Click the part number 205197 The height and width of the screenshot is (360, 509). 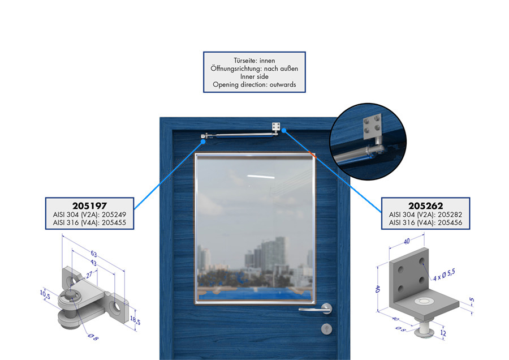89,205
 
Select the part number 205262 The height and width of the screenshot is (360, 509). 425,205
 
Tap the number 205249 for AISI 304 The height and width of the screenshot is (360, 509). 114,215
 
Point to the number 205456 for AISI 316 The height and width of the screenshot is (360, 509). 450,222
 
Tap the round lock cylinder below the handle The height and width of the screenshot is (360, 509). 326,329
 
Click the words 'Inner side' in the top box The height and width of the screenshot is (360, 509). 255,76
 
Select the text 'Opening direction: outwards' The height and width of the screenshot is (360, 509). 255,84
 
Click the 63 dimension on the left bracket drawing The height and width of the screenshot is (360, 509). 93,254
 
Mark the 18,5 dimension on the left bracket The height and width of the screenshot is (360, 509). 135,320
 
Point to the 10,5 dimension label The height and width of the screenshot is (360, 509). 45,294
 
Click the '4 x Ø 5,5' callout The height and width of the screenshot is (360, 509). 444,275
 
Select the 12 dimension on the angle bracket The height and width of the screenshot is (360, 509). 443,333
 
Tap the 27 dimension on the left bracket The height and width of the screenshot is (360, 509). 89,276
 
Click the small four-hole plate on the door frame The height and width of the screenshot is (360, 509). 276,127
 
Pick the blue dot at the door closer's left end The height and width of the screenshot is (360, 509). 203,142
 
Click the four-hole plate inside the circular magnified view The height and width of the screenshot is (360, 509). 372,126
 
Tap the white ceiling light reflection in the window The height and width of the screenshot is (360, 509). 261,177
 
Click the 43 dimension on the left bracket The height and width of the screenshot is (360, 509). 93,263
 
